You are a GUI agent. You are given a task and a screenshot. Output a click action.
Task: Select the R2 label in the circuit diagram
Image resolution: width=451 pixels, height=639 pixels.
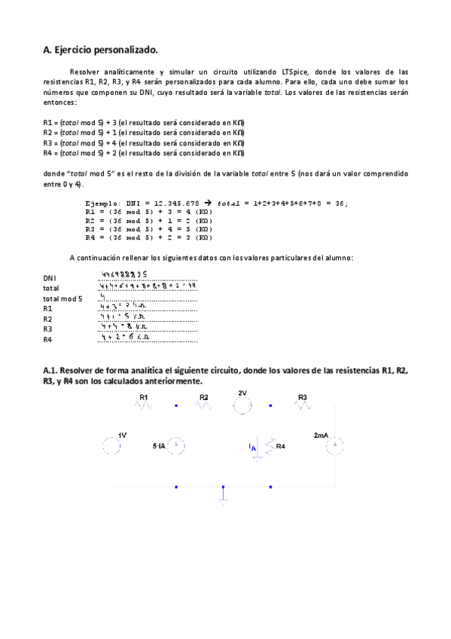click(x=204, y=396)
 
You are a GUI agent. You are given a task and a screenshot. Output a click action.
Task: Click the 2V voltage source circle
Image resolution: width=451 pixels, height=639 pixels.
click(x=242, y=406)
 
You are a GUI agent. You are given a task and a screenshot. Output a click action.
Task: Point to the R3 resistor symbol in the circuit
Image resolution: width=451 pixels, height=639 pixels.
click(x=302, y=406)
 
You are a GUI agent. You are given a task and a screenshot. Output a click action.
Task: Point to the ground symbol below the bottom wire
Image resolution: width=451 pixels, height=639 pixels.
click(x=223, y=497)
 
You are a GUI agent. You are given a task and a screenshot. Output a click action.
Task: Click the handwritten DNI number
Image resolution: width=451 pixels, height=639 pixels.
click(x=123, y=275)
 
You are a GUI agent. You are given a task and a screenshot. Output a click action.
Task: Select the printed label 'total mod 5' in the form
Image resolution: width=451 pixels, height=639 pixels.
click(x=62, y=298)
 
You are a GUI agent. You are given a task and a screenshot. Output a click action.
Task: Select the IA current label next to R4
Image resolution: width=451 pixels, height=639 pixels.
click(x=253, y=448)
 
